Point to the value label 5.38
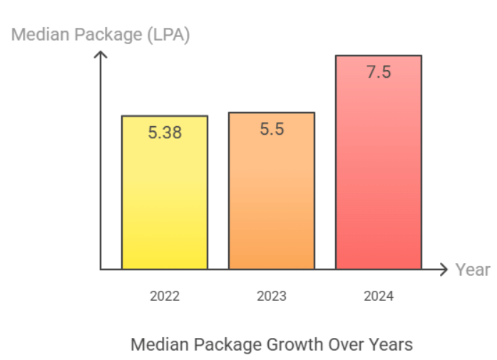click(x=165, y=132)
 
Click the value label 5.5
click(x=272, y=130)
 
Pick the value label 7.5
click(x=379, y=72)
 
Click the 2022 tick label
click(x=165, y=296)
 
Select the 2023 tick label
click(x=272, y=296)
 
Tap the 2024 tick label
click(x=379, y=296)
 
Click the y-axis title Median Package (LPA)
click(x=101, y=34)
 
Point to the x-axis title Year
click(x=473, y=269)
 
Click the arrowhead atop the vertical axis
click(x=101, y=53)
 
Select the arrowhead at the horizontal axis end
click(x=445, y=269)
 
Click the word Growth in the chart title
click(x=294, y=344)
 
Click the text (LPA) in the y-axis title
click(x=168, y=34)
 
